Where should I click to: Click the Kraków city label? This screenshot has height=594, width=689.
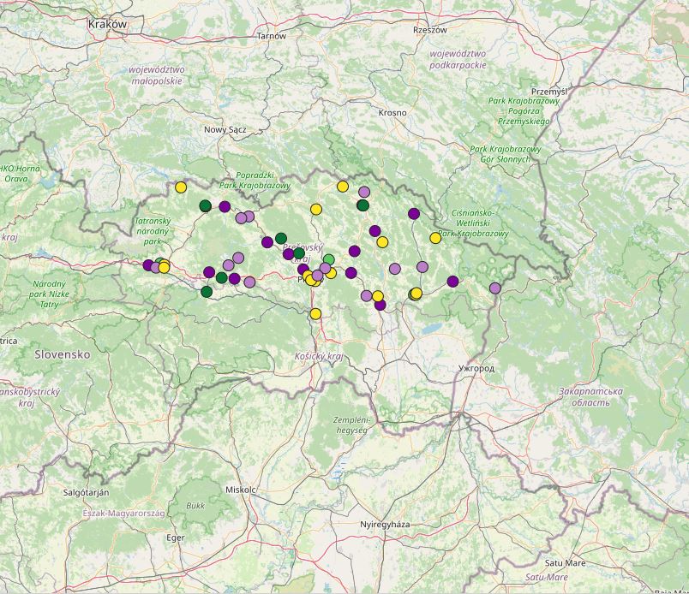pyautogui.click(x=107, y=25)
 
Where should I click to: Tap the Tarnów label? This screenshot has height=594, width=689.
pyautogui.click(x=270, y=36)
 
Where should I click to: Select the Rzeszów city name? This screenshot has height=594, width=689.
pyautogui.click(x=430, y=29)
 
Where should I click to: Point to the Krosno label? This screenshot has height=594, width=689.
pyautogui.click(x=392, y=112)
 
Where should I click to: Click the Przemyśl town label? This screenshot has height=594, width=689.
pyautogui.click(x=549, y=91)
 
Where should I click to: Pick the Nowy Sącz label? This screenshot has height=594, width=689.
pyautogui.click(x=225, y=129)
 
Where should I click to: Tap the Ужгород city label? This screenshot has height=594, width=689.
pyautogui.click(x=477, y=368)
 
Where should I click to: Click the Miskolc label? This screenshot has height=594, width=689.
pyautogui.click(x=241, y=490)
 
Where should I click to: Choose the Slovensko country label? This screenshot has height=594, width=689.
pyautogui.click(x=63, y=353)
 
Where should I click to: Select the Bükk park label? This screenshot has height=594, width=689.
pyautogui.click(x=195, y=506)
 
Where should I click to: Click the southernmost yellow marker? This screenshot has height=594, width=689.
pyautogui.click(x=315, y=313)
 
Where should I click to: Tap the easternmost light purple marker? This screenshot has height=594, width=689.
pyautogui.click(x=495, y=288)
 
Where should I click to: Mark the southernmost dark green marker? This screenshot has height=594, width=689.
pyautogui.click(x=207, y=292)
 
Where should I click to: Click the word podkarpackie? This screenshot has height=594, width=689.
pyautogui.click(x=458, y=64)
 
